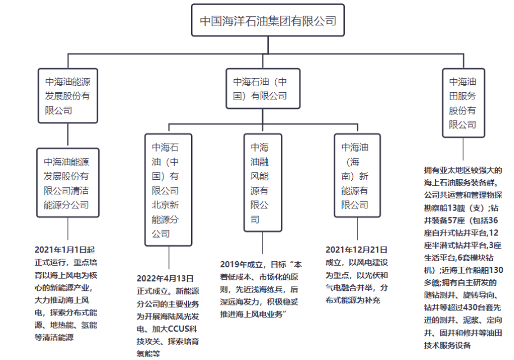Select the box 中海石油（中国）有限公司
(263, 89)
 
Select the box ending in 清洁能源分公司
(68, 183)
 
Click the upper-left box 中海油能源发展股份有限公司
(68, 96)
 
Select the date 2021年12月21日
(357, 250)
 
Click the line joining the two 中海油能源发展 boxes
(68, 136)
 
